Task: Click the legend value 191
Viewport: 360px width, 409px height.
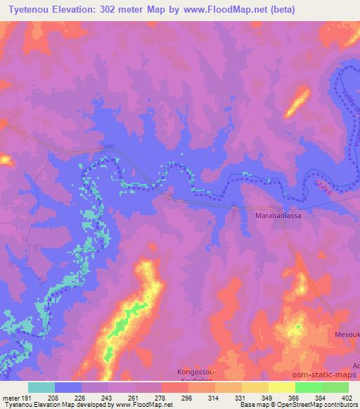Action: tap(27, 398)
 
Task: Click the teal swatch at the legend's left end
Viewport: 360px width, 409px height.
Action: tap(41, 387)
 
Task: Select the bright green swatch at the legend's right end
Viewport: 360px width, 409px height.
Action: tap(335, 387)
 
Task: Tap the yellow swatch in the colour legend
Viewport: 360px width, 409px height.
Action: tap(281, 387)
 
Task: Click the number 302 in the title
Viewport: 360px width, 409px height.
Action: tap(112, 10)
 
